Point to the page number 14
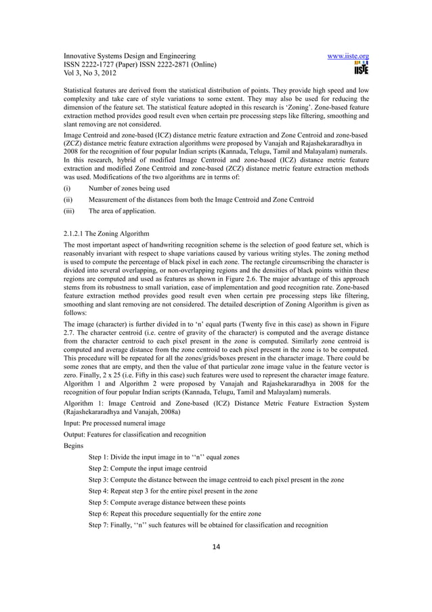click(216, 548)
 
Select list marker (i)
click(67, 188)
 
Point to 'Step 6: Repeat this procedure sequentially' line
click(178, 514)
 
